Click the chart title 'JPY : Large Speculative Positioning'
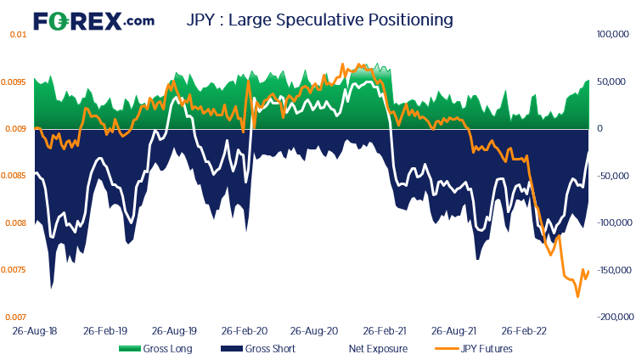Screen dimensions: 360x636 (319, 19)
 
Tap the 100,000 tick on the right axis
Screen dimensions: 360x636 (611, 35)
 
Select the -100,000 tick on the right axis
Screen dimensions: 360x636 (610, 223)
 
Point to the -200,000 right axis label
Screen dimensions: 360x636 (610, 317)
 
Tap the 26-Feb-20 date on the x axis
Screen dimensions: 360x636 (245, 330)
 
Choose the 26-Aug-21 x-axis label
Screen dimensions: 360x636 (453, 330)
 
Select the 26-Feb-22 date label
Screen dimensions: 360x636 (522, 330)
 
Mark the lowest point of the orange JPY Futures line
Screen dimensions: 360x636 (577, 296)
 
